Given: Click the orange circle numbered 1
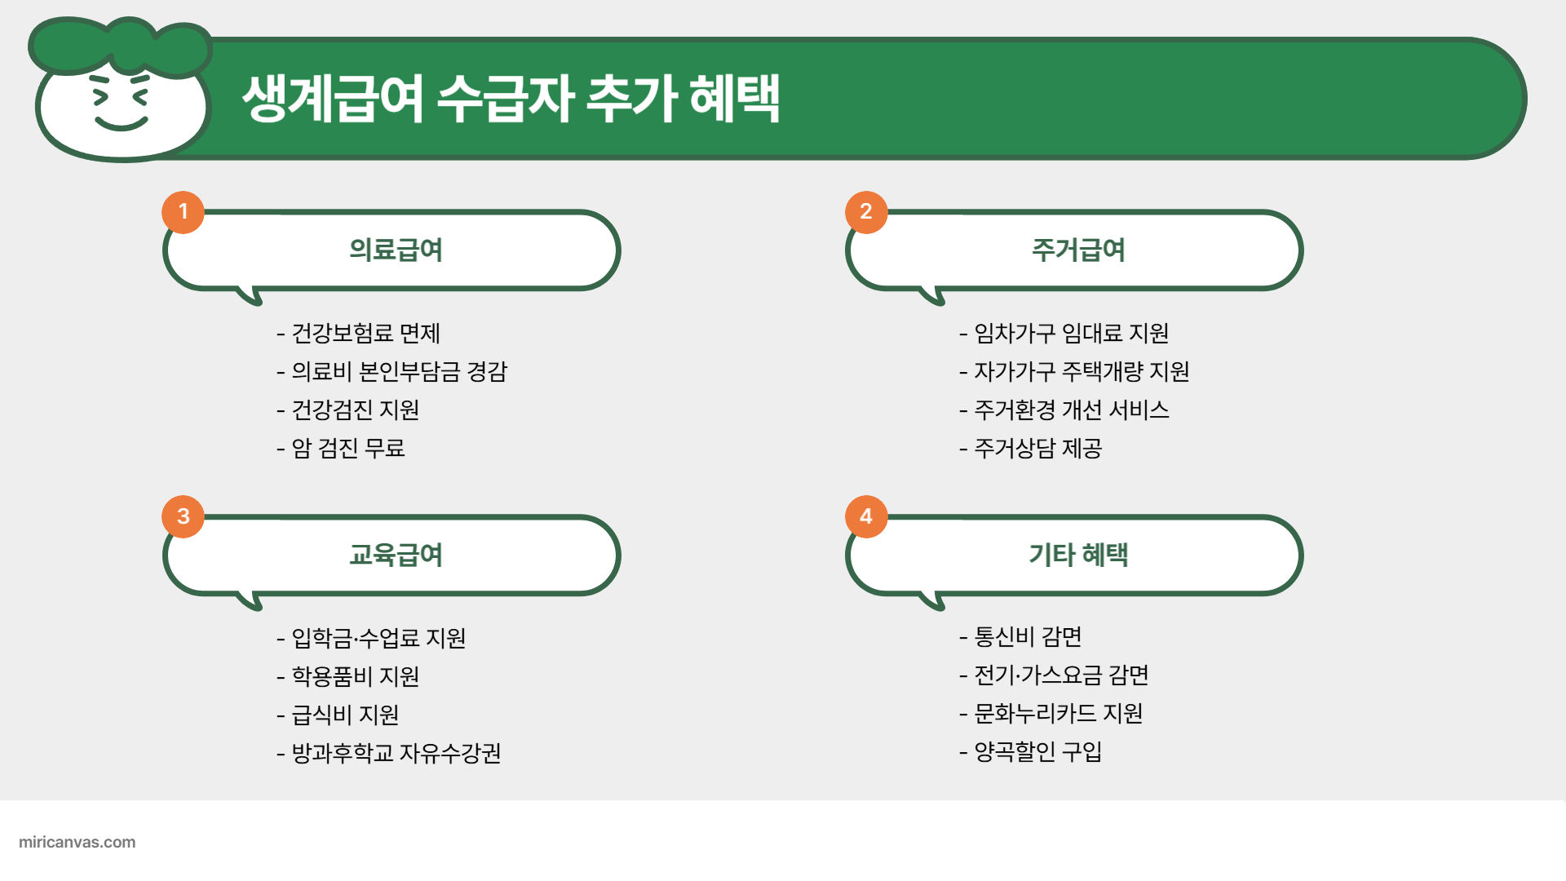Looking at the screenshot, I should tap(183, 212).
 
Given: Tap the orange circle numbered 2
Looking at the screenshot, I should tap(865, 212).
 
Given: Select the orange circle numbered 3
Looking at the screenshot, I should tap(183, 516).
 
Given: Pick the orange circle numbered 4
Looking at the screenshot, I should tap(865, 516).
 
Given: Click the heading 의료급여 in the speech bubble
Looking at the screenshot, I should tap(396, 250).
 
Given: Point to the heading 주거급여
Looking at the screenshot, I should tap(1078, 250).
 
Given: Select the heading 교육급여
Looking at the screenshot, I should tap(396, 555).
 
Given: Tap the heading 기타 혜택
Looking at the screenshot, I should tap(1078, 555).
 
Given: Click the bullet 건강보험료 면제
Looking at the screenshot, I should tap(365, 333).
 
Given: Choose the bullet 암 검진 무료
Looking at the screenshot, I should tap(348, 448).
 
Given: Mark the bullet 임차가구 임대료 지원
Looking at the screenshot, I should tap(1071, 333).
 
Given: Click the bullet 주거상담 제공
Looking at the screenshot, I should tap(1037, 448).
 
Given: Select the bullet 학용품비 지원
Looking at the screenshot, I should tap(356, 676).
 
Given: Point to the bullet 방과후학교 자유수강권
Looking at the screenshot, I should tap(396, 752).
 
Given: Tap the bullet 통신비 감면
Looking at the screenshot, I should tap(1028, 636).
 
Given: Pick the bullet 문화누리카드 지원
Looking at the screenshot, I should tap(1058, 713).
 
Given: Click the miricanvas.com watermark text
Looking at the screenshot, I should tap(77, 842).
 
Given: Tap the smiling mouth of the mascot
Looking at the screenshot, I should tap(122, 125).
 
